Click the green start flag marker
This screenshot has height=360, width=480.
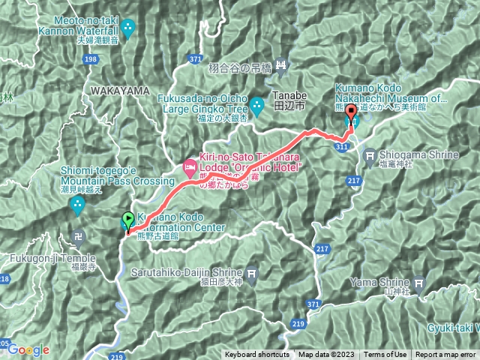click(127, 220)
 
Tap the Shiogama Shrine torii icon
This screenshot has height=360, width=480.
click(369, 155)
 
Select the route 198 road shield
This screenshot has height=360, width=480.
click(91, 59)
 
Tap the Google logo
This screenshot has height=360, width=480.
click(28, 349)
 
